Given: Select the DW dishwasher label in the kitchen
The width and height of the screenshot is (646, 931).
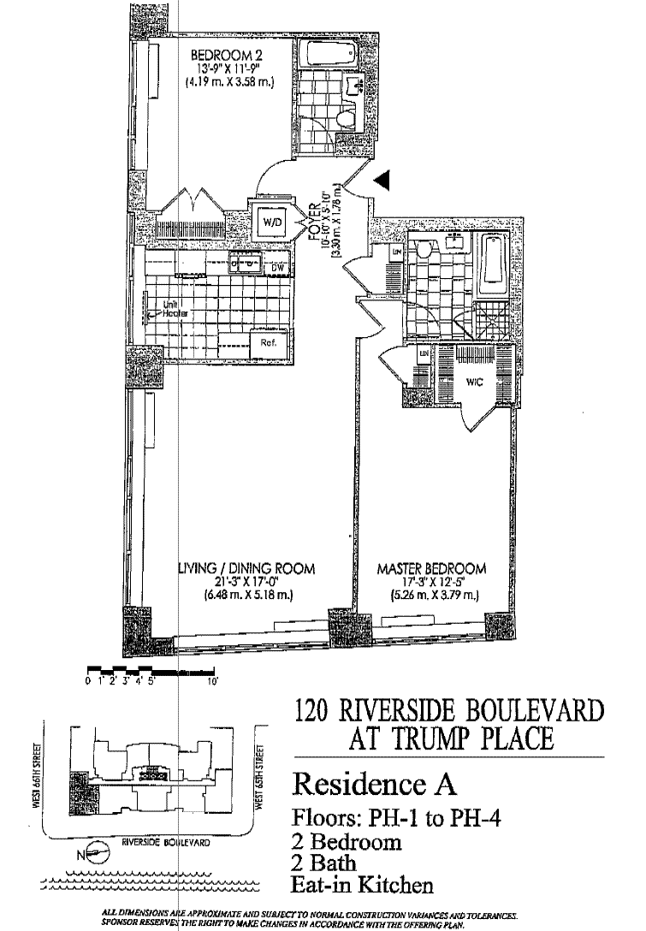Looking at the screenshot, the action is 276,268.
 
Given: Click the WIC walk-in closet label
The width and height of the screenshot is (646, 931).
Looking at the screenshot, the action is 475,382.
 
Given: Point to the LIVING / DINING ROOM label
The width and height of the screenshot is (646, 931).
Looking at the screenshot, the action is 247,568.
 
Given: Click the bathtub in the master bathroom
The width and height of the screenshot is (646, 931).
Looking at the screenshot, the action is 494,261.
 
